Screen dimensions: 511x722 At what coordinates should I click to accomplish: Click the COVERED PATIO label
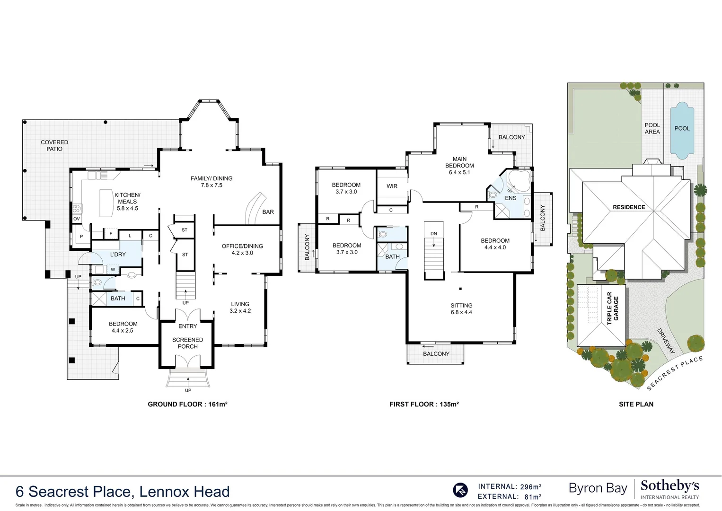(x=54, y=145)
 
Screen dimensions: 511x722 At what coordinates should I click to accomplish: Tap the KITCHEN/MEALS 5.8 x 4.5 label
(x=127, y=202)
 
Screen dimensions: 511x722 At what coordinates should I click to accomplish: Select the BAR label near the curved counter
(x=268, y=212)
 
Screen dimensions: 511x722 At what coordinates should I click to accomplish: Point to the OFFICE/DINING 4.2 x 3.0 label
(x=242, y=249)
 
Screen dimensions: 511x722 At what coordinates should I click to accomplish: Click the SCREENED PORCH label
(x=188, y=343)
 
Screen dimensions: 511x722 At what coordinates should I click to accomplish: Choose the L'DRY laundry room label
(x=118, y=255)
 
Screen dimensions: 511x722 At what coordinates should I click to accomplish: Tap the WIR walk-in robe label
(x=392, y=186)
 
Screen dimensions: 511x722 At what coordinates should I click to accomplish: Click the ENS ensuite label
(x=511, y=198)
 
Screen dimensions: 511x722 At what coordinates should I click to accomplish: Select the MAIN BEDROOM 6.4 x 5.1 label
(x=459, y=166)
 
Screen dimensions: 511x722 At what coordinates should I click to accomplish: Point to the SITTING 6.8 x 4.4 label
(x=461, y=309)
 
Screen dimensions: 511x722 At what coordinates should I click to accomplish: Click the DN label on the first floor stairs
(x=433, y=234)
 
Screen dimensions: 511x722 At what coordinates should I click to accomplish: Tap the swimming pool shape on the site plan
(x=682, y=130)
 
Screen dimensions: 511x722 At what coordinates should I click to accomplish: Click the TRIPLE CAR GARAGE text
(x=613, y=308)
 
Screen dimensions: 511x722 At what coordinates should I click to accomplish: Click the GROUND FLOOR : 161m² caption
(x=187, y=404)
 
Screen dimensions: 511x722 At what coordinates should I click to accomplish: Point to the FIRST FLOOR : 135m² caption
(x=424, y=404)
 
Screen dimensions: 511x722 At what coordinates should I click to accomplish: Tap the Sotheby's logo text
(x=669, y=486)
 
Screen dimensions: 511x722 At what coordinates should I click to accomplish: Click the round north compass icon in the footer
(x=460, y=490)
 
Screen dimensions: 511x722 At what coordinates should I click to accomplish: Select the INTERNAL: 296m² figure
(x=510, y=486)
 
